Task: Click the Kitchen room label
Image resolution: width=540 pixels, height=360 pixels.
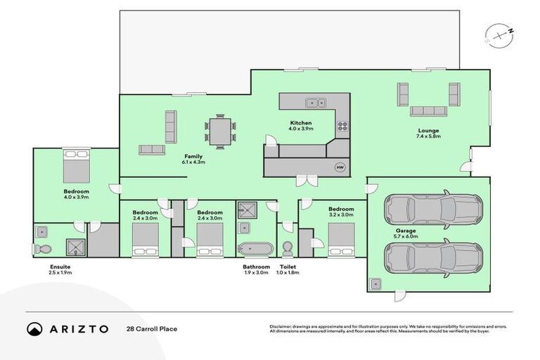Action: coord(300,123)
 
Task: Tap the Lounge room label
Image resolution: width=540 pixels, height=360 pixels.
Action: coord(428,130)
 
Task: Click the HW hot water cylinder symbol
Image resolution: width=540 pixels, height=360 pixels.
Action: coord(340,167)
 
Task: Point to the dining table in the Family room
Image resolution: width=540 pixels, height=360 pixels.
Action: coord(219,131)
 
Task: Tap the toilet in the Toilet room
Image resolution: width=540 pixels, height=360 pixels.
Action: coord(287,250)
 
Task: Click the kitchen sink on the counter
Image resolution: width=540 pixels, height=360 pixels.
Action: coord(309,103)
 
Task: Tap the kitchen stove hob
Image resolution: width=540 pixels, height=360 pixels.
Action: coord(343,127)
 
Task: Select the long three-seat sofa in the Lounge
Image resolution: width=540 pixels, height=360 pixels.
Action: coord(428,110)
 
